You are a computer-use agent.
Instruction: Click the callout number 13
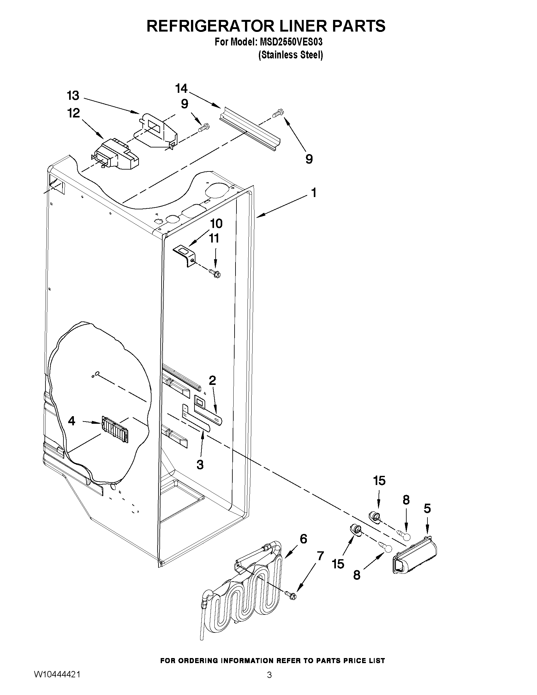tap(73, 95)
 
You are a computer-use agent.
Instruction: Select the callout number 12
tap(74, 113)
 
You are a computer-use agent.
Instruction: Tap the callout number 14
tap(181, 88)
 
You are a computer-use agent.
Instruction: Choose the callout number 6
tap(303, 539)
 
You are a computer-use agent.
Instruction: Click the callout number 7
tap(320, 556)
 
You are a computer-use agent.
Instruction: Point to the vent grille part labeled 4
tap(115, 428)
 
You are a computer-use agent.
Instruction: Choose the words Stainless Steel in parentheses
tap(290, 55)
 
